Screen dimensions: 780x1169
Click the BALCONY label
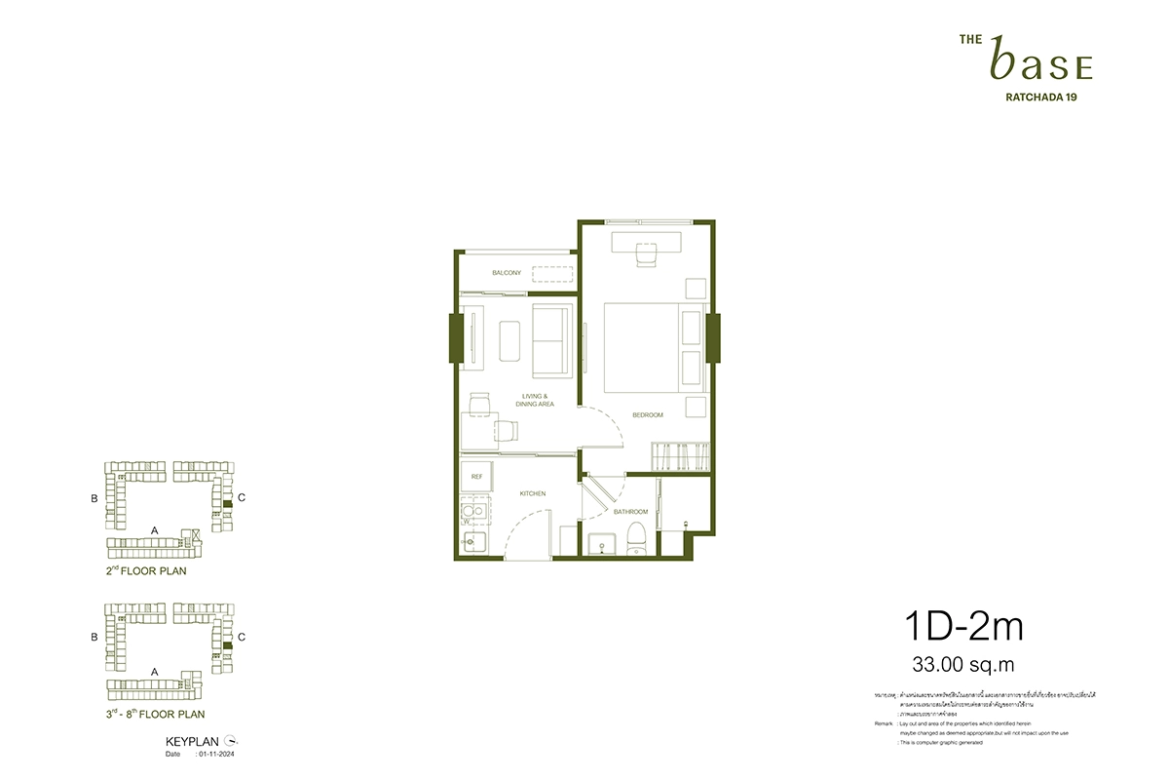507,273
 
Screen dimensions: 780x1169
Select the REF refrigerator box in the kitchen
476,477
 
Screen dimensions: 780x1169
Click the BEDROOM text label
648,415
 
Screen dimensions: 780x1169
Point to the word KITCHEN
533,494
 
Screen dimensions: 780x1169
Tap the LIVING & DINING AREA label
537,400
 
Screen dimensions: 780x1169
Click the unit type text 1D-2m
960,627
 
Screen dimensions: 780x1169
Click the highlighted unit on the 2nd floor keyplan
226,503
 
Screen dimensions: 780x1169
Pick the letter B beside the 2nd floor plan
94,498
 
